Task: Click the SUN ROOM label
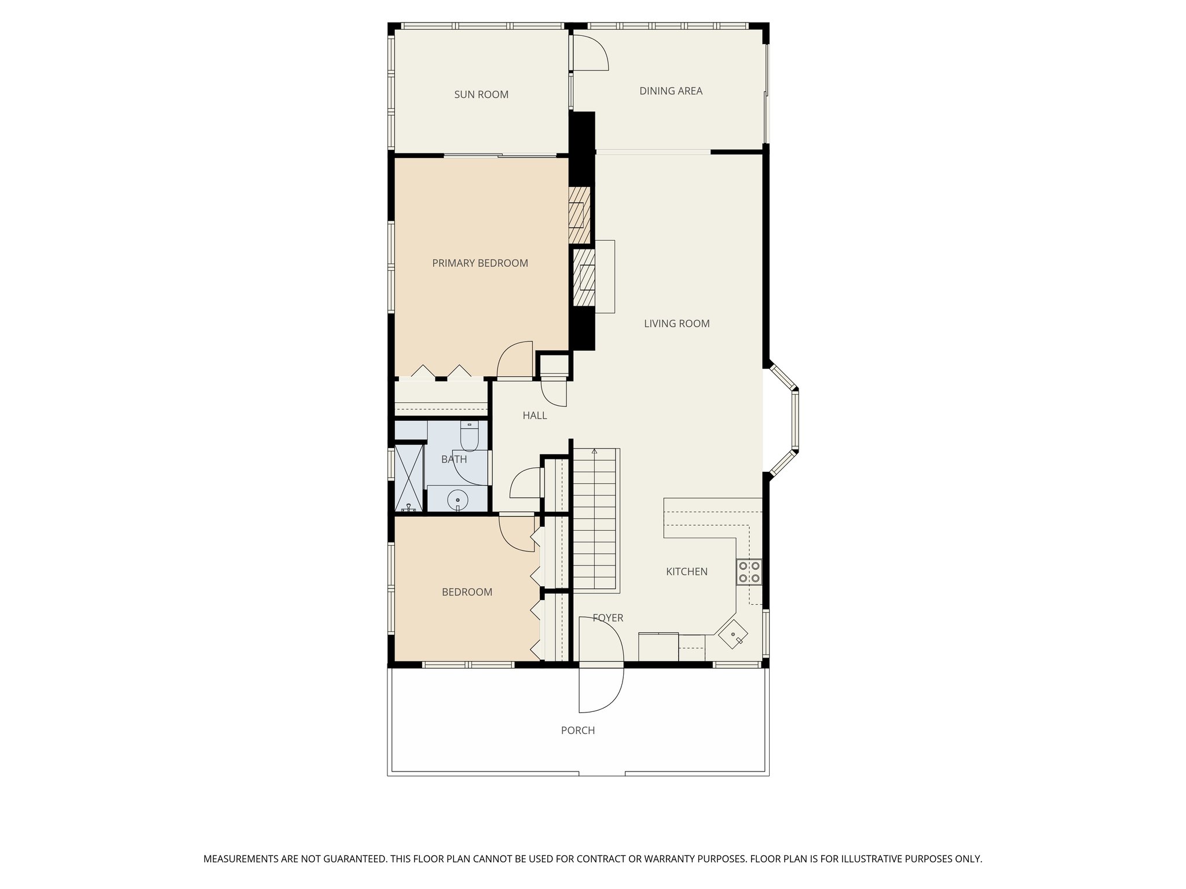coord(481,94)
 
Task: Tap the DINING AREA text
coord(671,91)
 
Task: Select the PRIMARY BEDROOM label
coord(479,263)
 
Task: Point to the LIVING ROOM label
coord(676,324)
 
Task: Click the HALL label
coord(535,416)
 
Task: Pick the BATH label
coord(453,460)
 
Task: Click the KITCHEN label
coord(686,572)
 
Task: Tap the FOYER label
coord(607,618)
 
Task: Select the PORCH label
coord(577,730)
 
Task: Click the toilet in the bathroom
coord(469,436)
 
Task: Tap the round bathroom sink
coord(457,499)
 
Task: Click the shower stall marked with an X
coord(409,477)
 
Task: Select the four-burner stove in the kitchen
coord(749,572)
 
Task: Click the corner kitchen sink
coord(733,635)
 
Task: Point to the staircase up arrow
coord(594,451)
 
